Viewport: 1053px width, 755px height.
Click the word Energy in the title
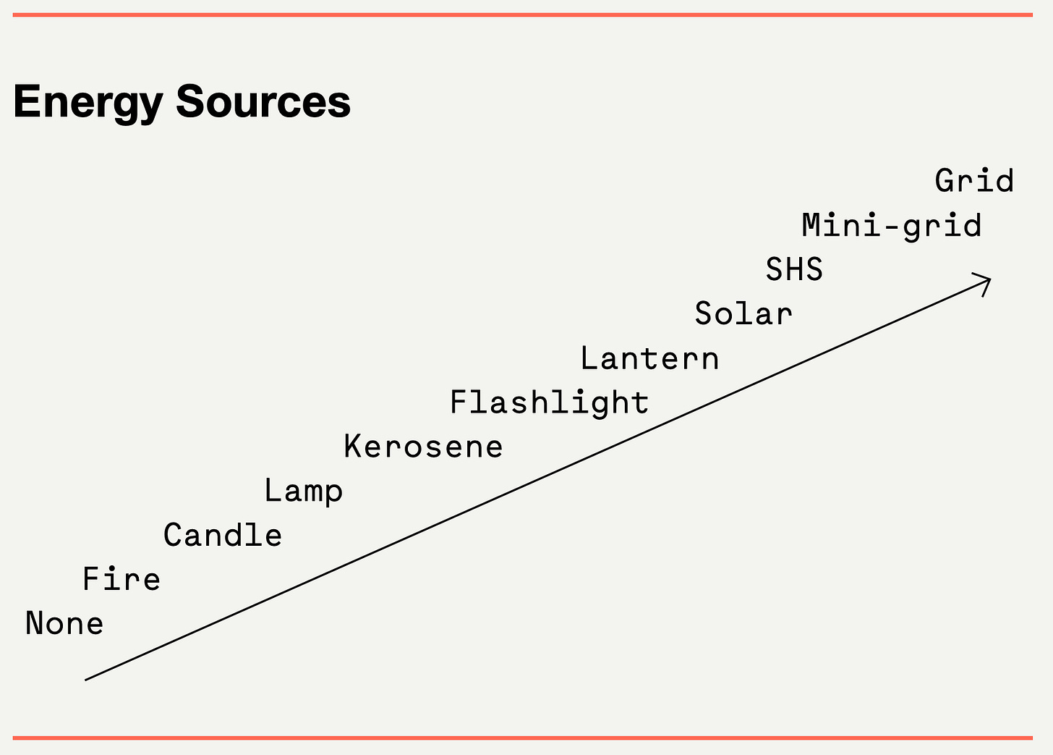click(x=88, y=102)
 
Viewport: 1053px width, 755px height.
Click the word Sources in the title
click(x=263, y=102)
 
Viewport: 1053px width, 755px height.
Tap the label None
click(x=64, y=624)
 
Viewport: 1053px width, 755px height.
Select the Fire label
click(x=121, y=579)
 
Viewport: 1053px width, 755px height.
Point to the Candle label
click(x=223, y=536)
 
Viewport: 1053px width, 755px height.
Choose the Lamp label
click(x=303, y=492)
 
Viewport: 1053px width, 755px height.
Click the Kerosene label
click(x=423, y=447)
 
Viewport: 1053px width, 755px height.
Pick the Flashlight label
click(x=550, y=402)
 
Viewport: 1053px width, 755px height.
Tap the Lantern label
click(x=649, y=359)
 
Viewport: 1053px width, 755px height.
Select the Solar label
click(x=743, y=314)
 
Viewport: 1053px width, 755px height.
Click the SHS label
click(x=794, y=270)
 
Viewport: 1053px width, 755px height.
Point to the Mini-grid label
click(x=892, y=226)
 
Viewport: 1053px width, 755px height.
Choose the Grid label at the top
click(x=974, y=181)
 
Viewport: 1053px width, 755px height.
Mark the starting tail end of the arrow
click(x=87, y=679)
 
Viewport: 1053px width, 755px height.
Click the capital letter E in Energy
click(x=26, y=101)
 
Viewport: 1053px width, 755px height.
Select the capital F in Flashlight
click(x=459, y=402)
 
